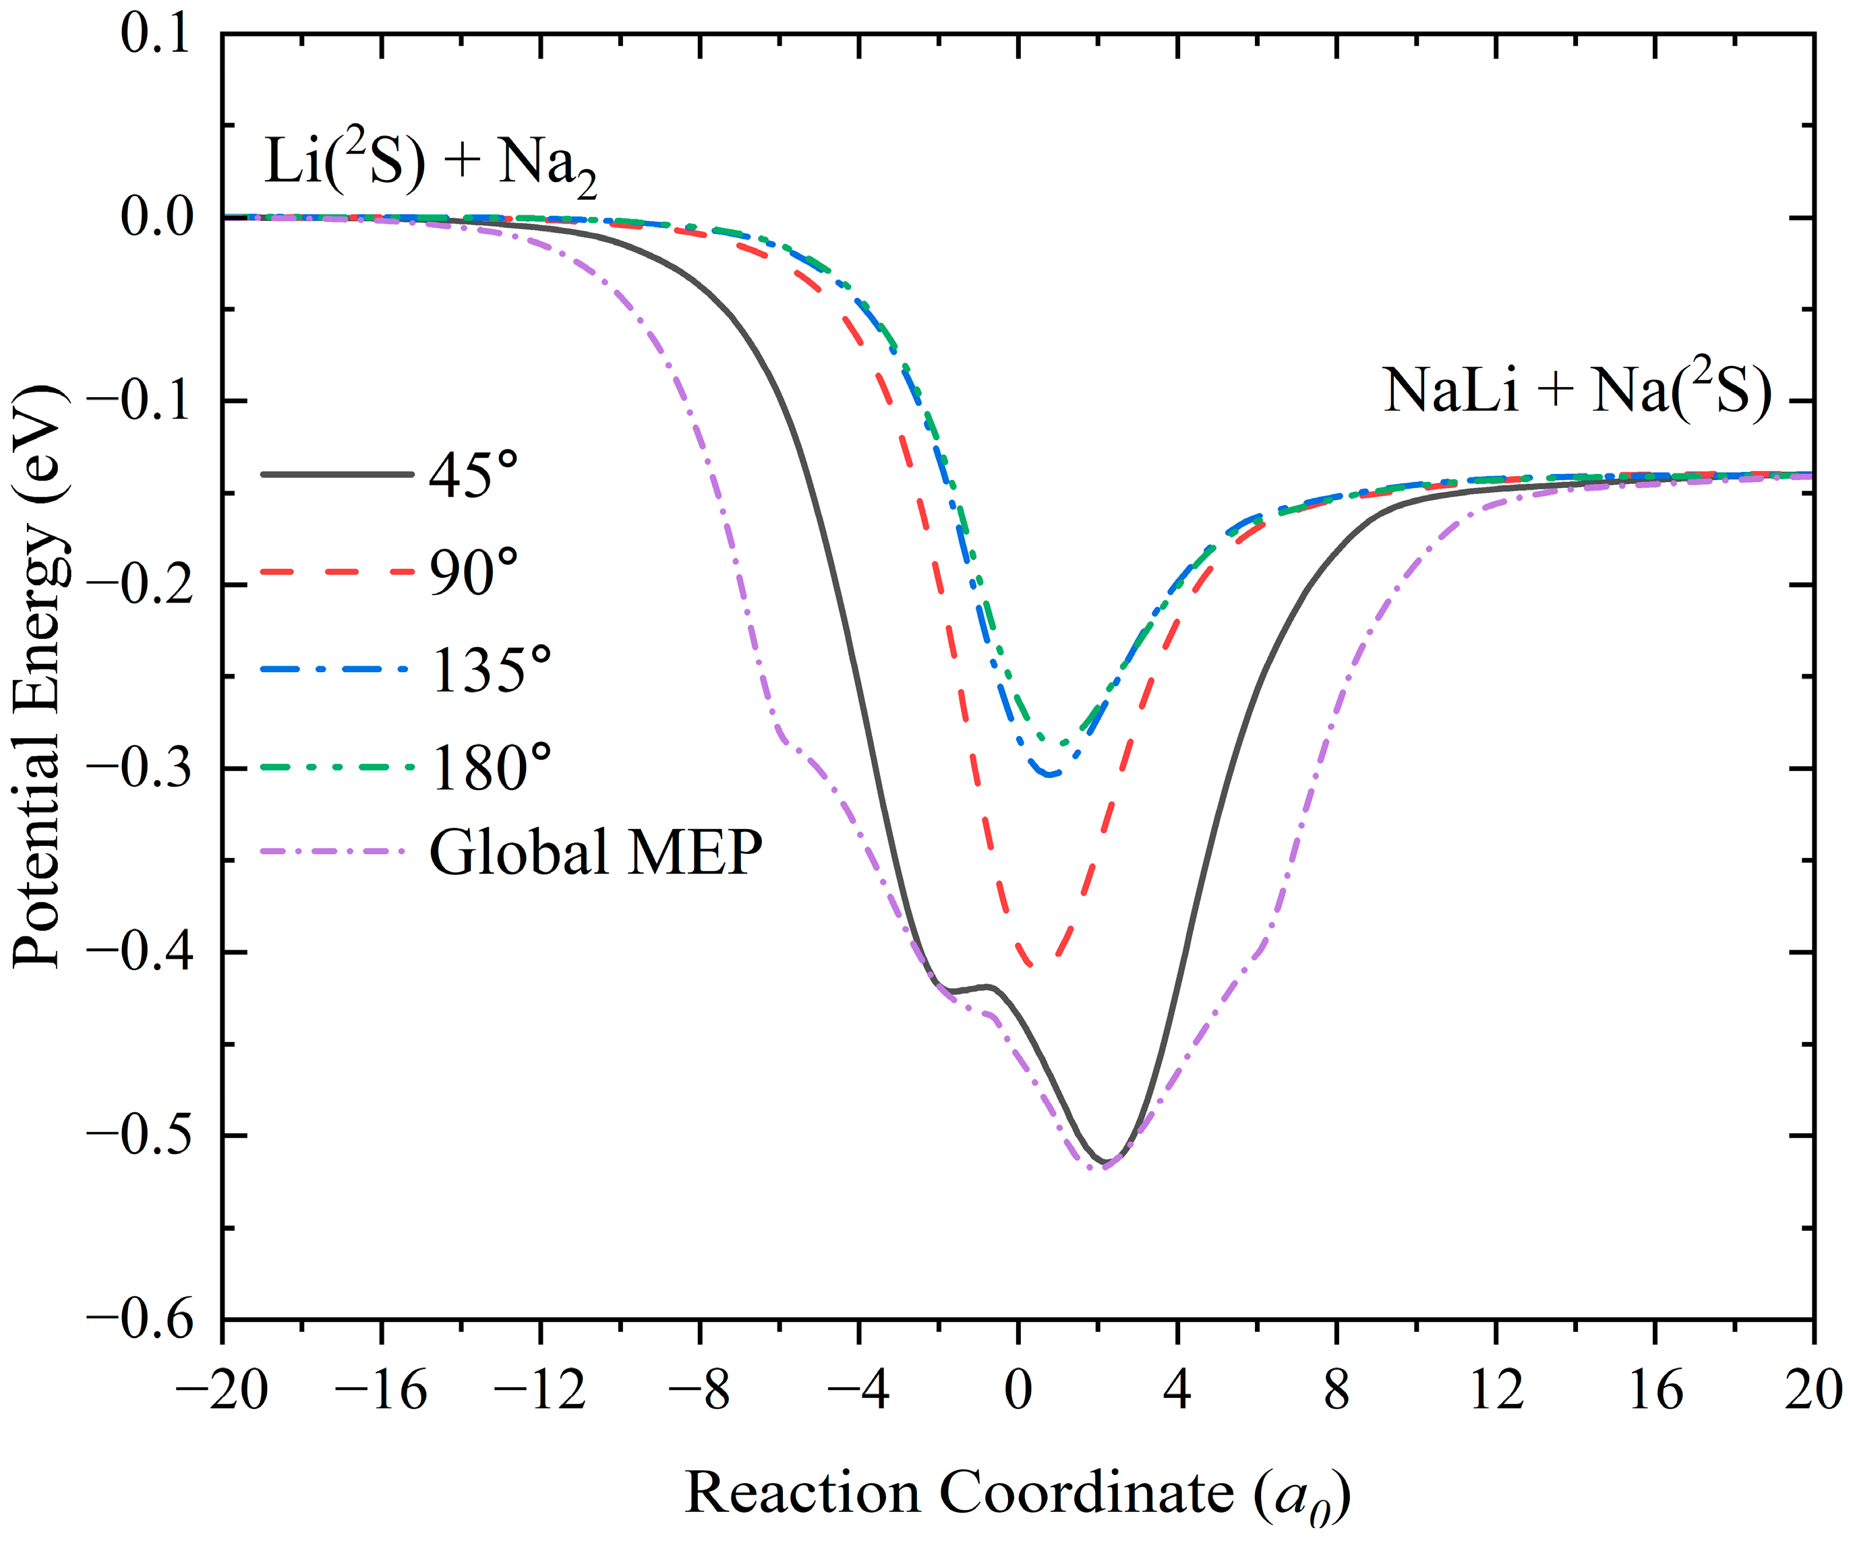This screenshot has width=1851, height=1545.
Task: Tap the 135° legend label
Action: point(491,670)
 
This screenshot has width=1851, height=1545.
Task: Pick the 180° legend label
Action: point(491,768)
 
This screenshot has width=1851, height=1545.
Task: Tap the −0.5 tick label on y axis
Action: point(140,1136)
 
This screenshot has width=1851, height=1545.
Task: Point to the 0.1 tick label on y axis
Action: point(155,35)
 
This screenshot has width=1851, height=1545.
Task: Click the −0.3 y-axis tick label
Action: point(140,768)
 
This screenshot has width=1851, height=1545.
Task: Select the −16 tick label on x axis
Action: point(381,1391)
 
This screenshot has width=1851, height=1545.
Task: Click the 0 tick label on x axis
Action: point(1018,1391)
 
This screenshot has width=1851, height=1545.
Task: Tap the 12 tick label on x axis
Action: point(1496,1391)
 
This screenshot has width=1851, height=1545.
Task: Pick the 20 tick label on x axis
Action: point(1812,1391)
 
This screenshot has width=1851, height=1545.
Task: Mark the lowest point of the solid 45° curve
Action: point(1105,1161)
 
